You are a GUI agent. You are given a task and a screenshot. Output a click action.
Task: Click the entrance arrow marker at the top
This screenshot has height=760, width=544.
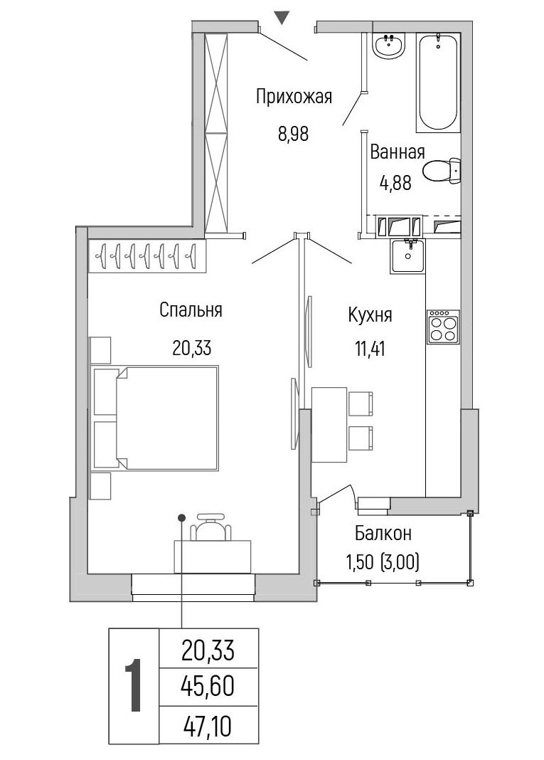282,18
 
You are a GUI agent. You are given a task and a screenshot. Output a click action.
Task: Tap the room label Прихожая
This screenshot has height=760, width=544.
294,96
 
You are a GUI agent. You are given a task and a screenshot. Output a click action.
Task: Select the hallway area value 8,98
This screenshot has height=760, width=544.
293,133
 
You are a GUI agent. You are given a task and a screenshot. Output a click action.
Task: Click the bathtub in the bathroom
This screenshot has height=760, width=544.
437,81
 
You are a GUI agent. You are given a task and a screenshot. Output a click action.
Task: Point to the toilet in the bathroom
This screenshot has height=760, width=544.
442,171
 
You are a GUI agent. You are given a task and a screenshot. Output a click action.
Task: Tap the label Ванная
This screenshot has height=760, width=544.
398,152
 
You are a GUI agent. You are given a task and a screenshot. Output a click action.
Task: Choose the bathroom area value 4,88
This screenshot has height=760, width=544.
396,183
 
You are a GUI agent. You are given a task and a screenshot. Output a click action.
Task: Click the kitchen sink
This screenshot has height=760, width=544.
407,255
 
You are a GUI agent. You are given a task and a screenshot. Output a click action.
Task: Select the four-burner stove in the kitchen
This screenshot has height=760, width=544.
443,327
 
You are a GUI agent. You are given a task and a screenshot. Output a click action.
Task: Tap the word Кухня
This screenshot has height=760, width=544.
370,315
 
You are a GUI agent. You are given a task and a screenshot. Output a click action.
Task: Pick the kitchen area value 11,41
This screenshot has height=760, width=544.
370,349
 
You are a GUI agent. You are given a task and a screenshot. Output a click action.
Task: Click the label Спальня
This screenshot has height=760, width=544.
191,310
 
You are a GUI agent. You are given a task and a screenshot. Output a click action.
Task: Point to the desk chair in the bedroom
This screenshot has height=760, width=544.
210,526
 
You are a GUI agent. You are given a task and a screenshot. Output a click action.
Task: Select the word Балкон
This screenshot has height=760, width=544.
383,533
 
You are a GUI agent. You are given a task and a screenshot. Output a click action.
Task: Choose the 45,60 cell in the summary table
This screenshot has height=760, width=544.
208,685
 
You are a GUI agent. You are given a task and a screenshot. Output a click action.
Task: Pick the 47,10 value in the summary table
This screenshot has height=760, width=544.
208,726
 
